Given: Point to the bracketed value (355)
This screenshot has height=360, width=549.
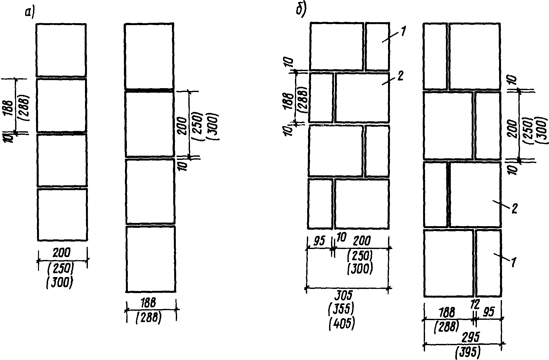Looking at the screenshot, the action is [341, 309].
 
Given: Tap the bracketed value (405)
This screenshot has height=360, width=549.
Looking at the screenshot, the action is [342, 324].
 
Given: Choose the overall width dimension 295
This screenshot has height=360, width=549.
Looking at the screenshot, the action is [470, 337].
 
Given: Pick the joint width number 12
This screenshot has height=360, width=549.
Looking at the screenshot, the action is [475, 304].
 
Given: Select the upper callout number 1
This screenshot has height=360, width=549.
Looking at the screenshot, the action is [403, 31].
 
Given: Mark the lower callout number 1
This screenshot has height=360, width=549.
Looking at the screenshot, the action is [514, 262].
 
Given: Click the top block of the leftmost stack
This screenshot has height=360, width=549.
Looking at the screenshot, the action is [61, 50].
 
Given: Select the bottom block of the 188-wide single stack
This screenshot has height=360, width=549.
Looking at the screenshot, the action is [151, 259].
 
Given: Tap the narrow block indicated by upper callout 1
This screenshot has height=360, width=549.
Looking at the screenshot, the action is [377, 46].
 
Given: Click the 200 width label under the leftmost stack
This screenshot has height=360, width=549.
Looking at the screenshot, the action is [62, 253].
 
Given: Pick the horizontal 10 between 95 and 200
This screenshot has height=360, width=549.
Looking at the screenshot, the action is [341, 237].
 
